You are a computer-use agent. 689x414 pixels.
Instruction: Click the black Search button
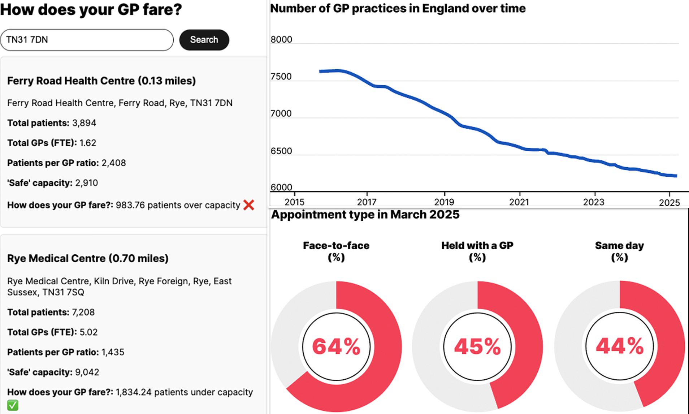(x=204, y=40)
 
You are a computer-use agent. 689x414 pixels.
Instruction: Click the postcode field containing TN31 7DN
(x=87, y=40)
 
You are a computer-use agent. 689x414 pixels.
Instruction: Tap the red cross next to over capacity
(x=248, y=205)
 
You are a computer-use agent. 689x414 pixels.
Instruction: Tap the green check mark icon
(x=13, y=405)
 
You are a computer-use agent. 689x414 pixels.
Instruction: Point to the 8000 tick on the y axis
(x=281, y=39)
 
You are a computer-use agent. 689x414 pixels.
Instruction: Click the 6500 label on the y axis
(x=281, y=151)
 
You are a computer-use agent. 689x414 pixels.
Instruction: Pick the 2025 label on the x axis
(x=669, y=202)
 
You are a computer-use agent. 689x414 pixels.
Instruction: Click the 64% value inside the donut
(x=336, y=346)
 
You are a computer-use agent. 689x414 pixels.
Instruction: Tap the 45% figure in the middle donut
(x=477, y=346)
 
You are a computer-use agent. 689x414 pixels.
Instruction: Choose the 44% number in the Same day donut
(x=620, y=346)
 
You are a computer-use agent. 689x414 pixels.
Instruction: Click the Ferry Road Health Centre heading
(x=101, y=81)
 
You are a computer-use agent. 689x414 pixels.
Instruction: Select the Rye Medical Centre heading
(x=88, y=258)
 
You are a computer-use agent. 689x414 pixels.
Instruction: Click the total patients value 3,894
(x=84, y=123)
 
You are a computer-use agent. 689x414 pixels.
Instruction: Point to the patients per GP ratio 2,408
(x=114, y=163)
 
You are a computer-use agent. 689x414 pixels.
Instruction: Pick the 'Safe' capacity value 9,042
(x=87, y=372)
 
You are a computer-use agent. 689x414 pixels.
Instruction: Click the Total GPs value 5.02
(x=88, y=332)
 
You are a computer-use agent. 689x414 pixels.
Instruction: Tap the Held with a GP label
(x=477, y=246)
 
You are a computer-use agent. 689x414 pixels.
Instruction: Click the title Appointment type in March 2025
(x=365, y=215)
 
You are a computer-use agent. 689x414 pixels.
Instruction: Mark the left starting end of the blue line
(x=320, y=72)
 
